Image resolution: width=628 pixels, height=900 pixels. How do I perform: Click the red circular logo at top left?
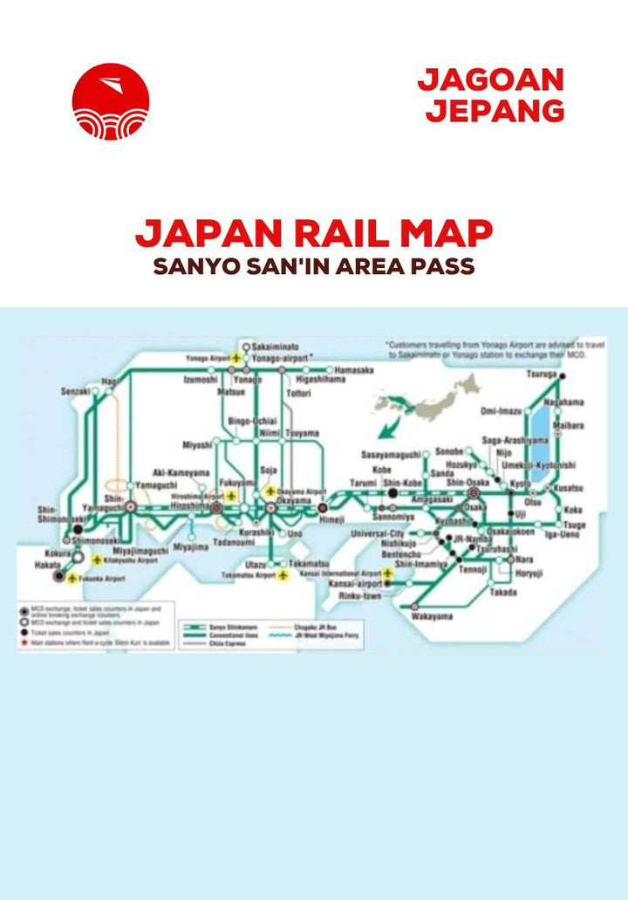click(x=111, y=101)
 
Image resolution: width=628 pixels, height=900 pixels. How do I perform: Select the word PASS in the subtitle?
click(x=440, y=267)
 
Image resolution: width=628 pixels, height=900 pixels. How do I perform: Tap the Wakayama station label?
click(x=433, y=617)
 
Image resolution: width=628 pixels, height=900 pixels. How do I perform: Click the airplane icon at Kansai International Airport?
click(x=387, y=573)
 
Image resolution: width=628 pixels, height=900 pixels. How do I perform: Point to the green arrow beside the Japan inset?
click(x=392, y=416)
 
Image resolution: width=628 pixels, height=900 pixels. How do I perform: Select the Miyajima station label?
click(x=191, y=547)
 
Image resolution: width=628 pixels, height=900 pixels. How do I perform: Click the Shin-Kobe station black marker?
click(x=392, y=492)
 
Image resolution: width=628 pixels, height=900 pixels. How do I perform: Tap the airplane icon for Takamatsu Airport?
click(x=283, y=577)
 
